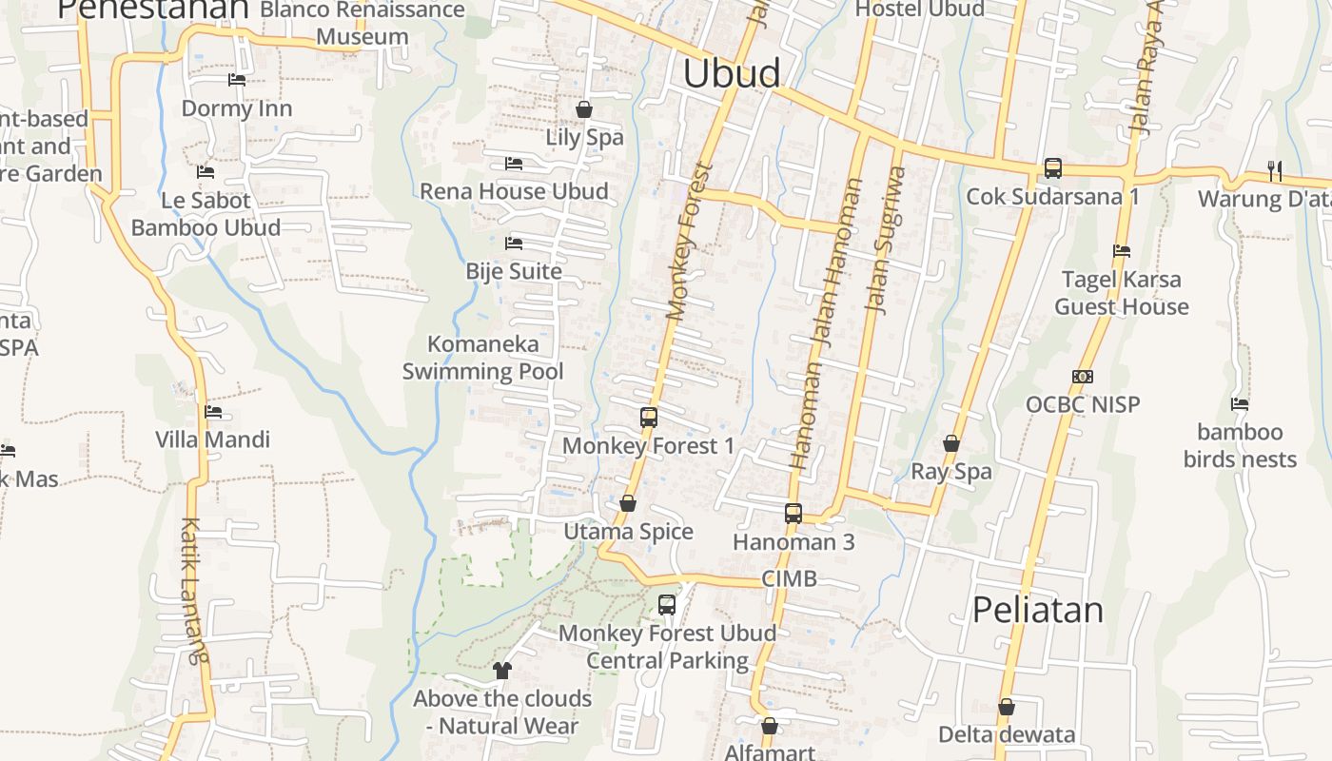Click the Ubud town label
pyautogui.click(x=732, y=73)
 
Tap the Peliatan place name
pyautogui.click(x=1038, y=610)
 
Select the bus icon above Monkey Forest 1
pyautogui.click(x=649, y=418)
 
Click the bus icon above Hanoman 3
pyautogui.click(x=793, y=514)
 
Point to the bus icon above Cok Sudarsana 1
pyautogui.click(x=1053, y=168)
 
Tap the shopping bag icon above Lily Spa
pyautogui.click(x=584, y=109)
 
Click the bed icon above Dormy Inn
pyautogui.click(x=237, y=80)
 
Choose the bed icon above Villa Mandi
pyautogui.click(x=213, y=412)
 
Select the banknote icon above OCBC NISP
pyautogui.click(x=1083, y=377)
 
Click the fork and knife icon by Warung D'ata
pyautogui.click(x=1275, y=170)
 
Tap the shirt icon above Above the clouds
pyautogui.click(x=502, y=671)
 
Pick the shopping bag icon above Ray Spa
pyautogui.click(x=951, y=443)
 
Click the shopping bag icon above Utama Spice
pyautogui.click(x=628, y=503)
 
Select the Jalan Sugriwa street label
pyautogui.click(x=885, y=240)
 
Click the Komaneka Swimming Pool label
pyautogui.click(x=483, y=358)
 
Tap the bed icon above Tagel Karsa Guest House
pyautogui.click(x=1122, y=251)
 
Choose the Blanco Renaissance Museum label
pyautogui.click(x=362, y=24)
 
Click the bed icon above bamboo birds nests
pyautogui.click(x=1240, y=404)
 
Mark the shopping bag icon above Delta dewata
pyautogui.click(x=1007, y=707)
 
